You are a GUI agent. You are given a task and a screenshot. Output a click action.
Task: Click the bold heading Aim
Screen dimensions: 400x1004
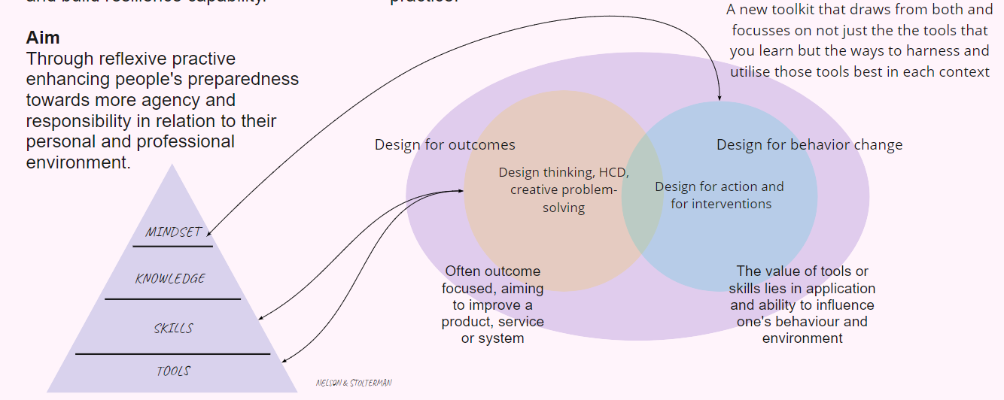coord(43,38)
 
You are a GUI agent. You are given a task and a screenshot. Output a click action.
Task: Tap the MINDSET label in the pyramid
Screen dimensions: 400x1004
coord(173,232)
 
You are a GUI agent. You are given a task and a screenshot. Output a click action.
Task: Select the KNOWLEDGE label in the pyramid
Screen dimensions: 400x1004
coord(171,279)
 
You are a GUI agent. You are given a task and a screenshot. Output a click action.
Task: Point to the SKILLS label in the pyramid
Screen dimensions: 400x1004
coord(173,329)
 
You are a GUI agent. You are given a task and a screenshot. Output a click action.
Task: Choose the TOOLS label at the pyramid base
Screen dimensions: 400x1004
coord(173,371)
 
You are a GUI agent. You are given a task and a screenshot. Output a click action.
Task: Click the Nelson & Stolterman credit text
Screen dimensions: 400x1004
coord(354,383)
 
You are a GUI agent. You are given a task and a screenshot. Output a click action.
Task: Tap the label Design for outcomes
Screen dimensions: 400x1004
coord(445,145)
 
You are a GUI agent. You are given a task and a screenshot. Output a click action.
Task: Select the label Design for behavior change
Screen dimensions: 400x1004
coord(809,145)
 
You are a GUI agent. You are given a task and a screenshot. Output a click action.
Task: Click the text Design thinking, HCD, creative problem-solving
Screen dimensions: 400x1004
coord(563,189)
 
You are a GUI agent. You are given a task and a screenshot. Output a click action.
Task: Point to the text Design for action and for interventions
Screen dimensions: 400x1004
coord(720,195)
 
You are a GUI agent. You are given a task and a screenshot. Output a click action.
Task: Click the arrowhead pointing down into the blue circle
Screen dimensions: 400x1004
coord(720,98)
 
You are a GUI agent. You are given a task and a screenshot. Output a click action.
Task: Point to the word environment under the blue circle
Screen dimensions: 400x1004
coord(802,338)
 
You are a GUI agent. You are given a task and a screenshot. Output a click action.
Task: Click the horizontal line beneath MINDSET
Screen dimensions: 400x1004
coord(172,246)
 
